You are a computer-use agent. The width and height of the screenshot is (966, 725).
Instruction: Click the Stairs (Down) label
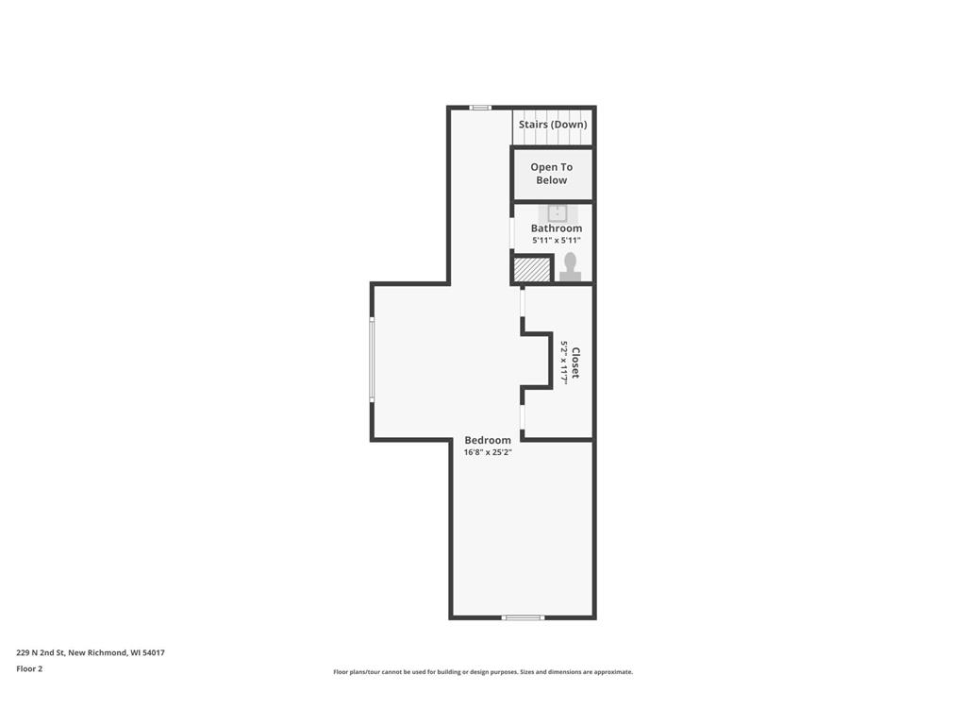pos(553,125)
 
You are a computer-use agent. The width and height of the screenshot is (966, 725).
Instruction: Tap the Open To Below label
pos(552,174)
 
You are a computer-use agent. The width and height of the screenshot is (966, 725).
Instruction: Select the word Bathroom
pos(557,228)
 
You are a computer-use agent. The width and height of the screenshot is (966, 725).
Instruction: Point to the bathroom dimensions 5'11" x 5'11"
pos(557,241)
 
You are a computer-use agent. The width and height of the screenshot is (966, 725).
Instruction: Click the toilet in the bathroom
pos(570,267)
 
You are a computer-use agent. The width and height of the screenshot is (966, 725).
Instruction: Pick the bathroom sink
pos(558,212)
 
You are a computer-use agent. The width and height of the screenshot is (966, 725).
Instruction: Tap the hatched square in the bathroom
pos(532,269)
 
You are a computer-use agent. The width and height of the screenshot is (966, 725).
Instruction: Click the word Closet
pos(575,363)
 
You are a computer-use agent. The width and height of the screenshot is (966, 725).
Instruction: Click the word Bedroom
pos(488,440)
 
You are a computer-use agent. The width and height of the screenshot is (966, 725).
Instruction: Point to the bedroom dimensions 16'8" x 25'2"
pos(488,452)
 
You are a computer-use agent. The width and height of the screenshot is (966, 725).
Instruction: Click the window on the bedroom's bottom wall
pos(523,617)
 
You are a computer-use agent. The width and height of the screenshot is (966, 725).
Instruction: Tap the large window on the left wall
pos(372,360)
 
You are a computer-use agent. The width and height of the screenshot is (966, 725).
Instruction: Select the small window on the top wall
pos(481,108)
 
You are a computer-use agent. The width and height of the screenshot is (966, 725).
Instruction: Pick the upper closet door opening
pos(522,301)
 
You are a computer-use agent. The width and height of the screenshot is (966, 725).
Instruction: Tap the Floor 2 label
pos(29,668)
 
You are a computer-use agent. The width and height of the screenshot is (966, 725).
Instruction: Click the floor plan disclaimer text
pos(483,672)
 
